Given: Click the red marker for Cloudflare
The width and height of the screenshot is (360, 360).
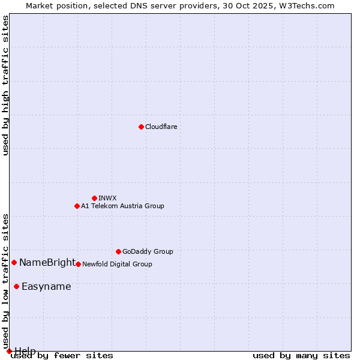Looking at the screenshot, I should pyautogui.click(x=141, y=127).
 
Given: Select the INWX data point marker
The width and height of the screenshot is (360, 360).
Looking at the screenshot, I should pyautogui.click(x=94, y=198).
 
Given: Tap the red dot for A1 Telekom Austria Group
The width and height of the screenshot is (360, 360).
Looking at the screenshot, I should pyautogui.click(x=77, y=206).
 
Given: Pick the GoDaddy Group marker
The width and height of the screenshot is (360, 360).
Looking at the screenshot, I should pyautogui.click(x=118, y=251).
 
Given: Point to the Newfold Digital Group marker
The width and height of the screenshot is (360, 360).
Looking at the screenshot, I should pyautogui.click(x=78, y=264).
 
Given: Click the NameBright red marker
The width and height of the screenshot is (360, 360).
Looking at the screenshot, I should pyautogui.click(x=14, y=262).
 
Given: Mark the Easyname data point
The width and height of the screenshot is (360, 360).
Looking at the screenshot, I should pyautogui.click(x=16, y=286).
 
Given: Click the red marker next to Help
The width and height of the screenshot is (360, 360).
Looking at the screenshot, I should pyautogui.click(x=9, y=351).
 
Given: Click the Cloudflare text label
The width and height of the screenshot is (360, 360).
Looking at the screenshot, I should pyautogui.click(x=161, y=127).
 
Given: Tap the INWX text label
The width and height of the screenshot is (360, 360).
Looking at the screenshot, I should pyautogui.click(x=107, y=198).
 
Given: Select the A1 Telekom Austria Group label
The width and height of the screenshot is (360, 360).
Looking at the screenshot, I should pyautogui.click(x=122, y=206).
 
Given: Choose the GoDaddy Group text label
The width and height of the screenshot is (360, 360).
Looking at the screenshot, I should pyautogui.click(x=148, y=251).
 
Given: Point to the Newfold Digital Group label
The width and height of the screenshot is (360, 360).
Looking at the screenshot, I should pyautogui.click(x=117, y=264).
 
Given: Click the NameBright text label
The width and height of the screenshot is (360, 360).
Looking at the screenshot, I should pyautogui.click(x=47, y=262).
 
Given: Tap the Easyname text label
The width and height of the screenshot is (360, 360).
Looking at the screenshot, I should pyautogui.click(x=46, y=286).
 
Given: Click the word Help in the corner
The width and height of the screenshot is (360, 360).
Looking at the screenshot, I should pyautogui.click(x=25, y=350).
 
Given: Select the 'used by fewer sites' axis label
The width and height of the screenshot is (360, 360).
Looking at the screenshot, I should pyautogui.click(x=62, y=355).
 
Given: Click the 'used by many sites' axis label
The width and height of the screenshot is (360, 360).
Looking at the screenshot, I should pyautogui.click(x=301, y=355).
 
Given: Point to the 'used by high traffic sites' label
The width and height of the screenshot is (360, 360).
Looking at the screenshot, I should pyautogui.click(x=5, y=85).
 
